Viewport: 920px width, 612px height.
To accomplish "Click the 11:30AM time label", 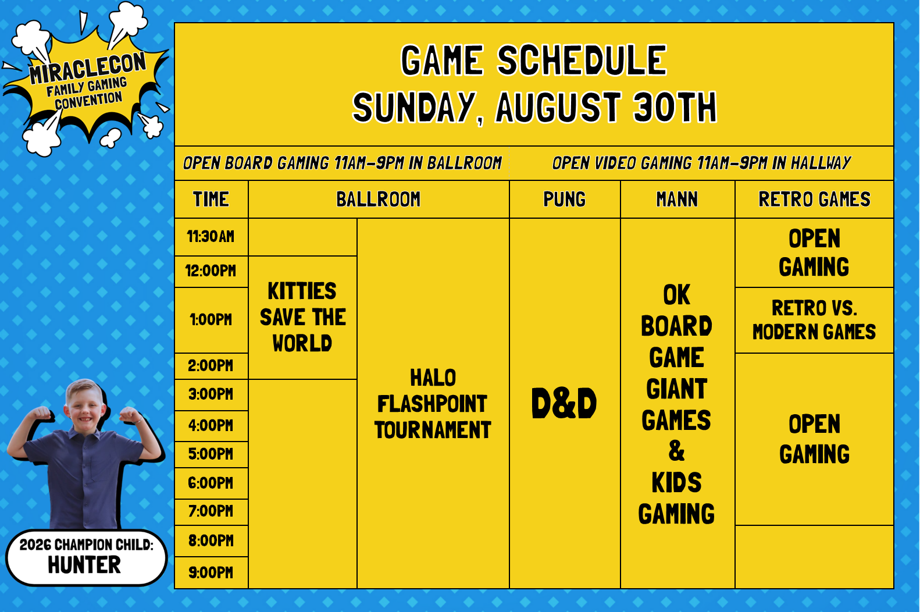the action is click(211, 237).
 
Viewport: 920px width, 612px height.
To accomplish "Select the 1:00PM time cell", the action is click(211, 320).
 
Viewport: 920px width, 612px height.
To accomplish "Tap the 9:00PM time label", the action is click(211, 572).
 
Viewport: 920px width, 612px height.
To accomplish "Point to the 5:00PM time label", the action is click(211, 454).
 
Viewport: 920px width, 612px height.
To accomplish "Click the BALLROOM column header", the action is click(378, 199).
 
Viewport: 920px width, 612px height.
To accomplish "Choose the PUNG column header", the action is click(564, 199).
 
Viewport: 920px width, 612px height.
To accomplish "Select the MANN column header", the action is click(677, 199).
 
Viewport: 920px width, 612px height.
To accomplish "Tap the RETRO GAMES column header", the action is click(814, 199).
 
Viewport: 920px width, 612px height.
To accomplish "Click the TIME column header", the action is click(211, 199).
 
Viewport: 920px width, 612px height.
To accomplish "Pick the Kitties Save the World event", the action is click(302, 317).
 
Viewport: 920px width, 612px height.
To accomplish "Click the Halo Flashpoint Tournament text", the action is click(433, 404).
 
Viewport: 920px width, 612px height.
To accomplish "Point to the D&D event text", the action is click(564, 403).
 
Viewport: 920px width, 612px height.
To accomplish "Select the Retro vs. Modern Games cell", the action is click(814, 320).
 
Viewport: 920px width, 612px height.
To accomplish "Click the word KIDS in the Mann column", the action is click(676, 482).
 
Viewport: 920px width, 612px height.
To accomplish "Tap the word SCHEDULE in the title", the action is click(582, 61).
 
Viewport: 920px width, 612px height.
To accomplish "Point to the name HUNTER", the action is click(84, 565).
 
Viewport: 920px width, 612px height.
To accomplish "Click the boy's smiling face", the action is click(84, 406).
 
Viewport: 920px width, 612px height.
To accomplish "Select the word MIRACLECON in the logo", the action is click(87, 67).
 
